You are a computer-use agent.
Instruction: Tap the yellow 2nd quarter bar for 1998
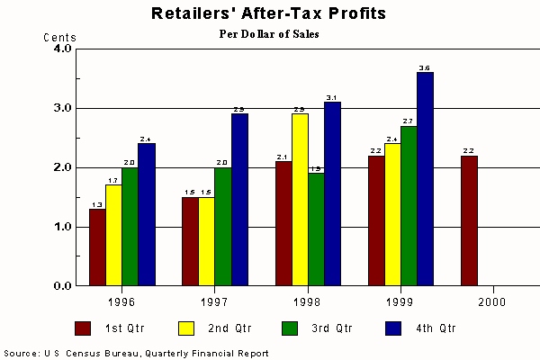300,199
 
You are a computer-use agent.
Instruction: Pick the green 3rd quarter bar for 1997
222,226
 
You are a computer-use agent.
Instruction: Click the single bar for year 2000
469,220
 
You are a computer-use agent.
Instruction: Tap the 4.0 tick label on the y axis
62,49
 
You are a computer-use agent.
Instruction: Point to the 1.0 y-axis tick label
62,227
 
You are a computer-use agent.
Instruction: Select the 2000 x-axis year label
492,300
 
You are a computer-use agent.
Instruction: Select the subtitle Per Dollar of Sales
270,34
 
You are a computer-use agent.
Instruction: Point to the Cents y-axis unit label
60,37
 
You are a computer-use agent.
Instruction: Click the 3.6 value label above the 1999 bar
425,67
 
